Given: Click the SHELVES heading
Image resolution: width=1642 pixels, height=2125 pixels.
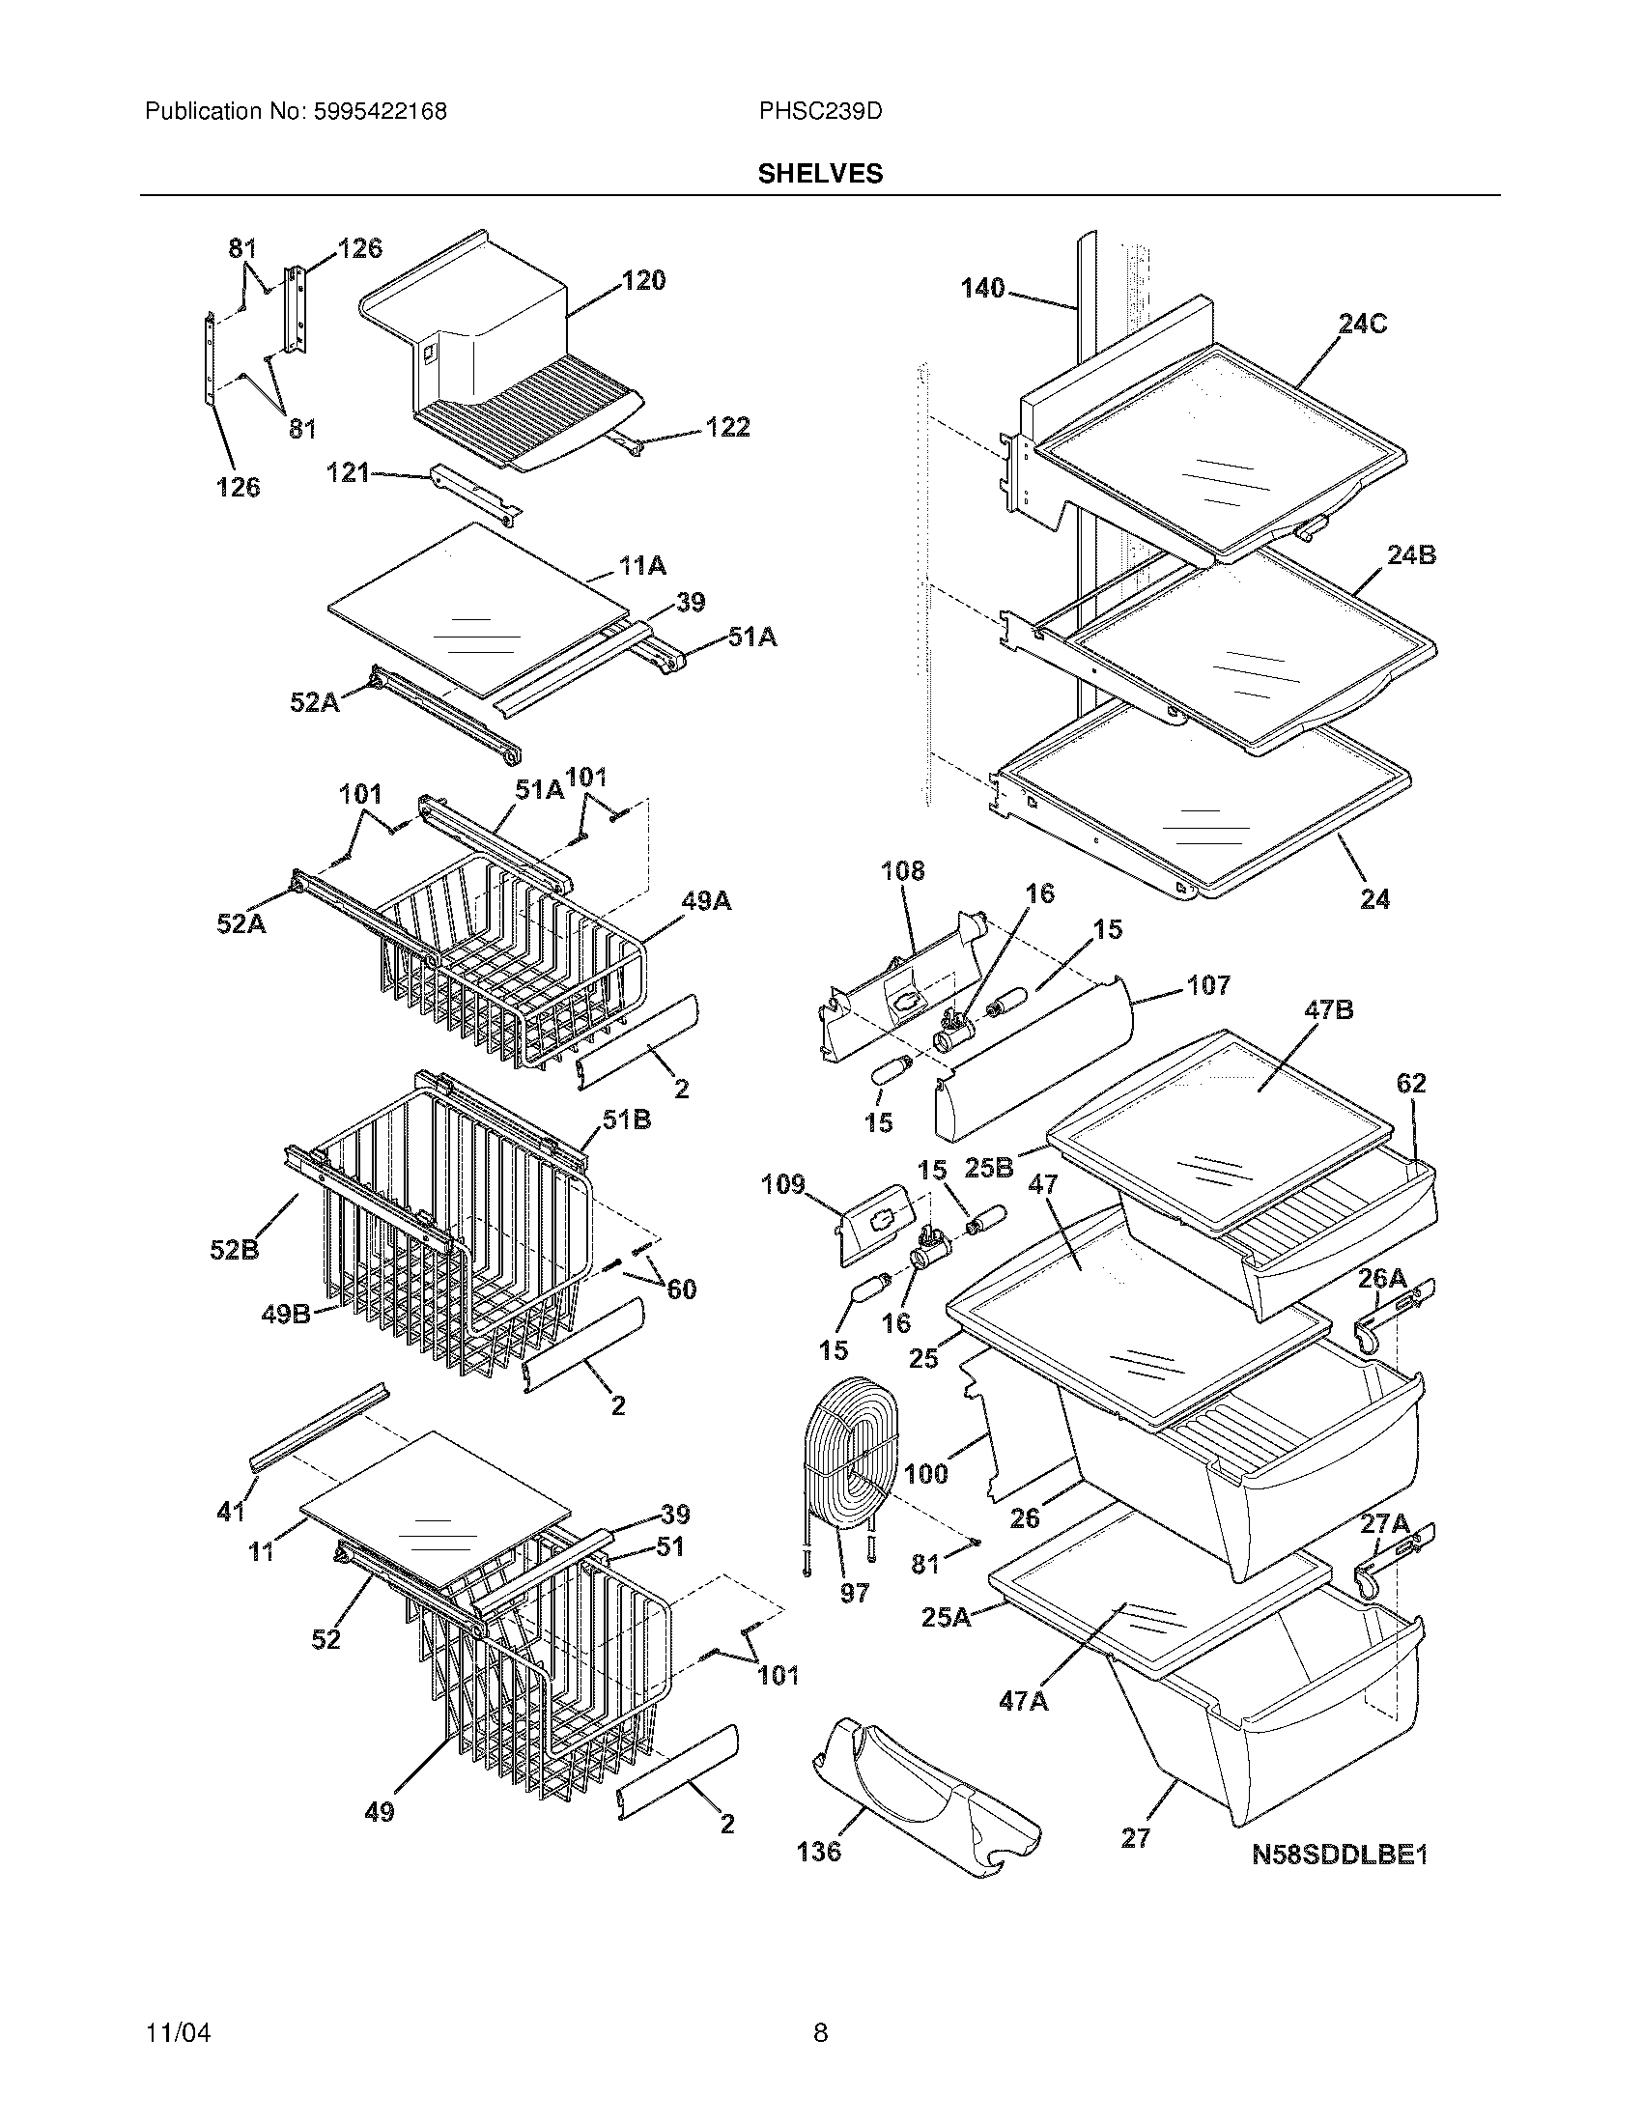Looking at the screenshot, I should tap(820, 174).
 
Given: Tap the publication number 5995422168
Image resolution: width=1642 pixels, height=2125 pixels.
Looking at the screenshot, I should tap(380, 112).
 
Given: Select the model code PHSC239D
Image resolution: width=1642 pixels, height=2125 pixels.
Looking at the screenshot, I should tap(820, 112).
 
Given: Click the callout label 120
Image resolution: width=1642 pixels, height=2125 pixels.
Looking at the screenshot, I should tap(644, 281).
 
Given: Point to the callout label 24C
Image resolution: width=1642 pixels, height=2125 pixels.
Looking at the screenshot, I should tap(1362, 324).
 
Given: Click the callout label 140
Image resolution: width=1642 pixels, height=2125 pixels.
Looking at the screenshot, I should tap(982, 289).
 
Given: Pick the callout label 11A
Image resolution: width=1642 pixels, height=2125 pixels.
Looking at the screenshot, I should tap(642, 565).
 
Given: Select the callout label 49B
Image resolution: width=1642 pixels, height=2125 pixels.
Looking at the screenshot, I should tap(286, 1314).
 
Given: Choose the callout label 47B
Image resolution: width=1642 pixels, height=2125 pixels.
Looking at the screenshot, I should tap(1328, 1011).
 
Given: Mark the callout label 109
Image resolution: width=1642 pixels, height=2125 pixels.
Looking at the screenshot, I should tap(783, 1184).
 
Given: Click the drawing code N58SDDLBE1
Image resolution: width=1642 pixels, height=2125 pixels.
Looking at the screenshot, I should tap(1339, 1855).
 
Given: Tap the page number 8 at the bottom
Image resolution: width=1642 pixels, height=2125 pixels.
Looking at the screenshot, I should tap(820, 2032).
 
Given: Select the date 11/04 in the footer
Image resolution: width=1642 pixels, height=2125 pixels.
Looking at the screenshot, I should tap(177, 2032).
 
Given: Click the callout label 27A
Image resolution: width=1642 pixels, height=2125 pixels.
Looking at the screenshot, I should tap(1385, 1524).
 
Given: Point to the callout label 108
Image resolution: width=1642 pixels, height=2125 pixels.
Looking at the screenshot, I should tap(903, 871).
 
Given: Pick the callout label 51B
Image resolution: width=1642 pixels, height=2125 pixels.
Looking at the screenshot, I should tap(626, 1119).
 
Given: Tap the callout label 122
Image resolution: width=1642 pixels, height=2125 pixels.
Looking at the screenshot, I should tap(727, 427).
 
